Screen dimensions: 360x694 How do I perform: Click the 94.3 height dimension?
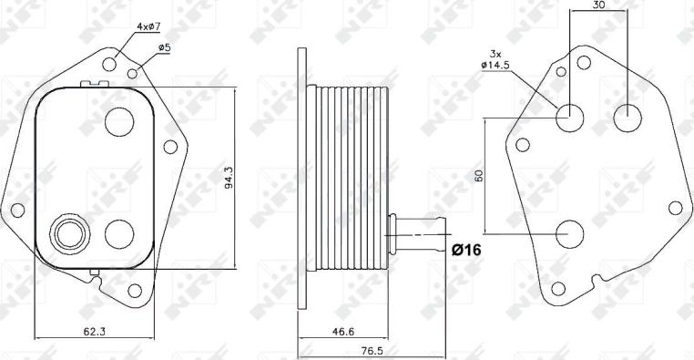click(228, 179)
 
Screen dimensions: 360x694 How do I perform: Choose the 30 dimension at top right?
click(598, 5)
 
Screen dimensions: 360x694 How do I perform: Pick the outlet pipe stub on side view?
click(418, 235)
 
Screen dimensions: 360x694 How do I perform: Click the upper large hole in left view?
click(119, 120)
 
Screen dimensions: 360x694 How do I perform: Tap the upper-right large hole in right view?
click(628, 116)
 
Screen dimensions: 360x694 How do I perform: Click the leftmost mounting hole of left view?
click(16, 211)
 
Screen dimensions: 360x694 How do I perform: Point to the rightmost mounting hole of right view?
click(675, 207)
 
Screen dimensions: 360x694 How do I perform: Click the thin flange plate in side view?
click(301, 182)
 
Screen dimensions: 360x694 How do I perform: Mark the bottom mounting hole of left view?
click(136, 290)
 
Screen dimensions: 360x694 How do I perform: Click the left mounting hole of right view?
click(522, 144)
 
